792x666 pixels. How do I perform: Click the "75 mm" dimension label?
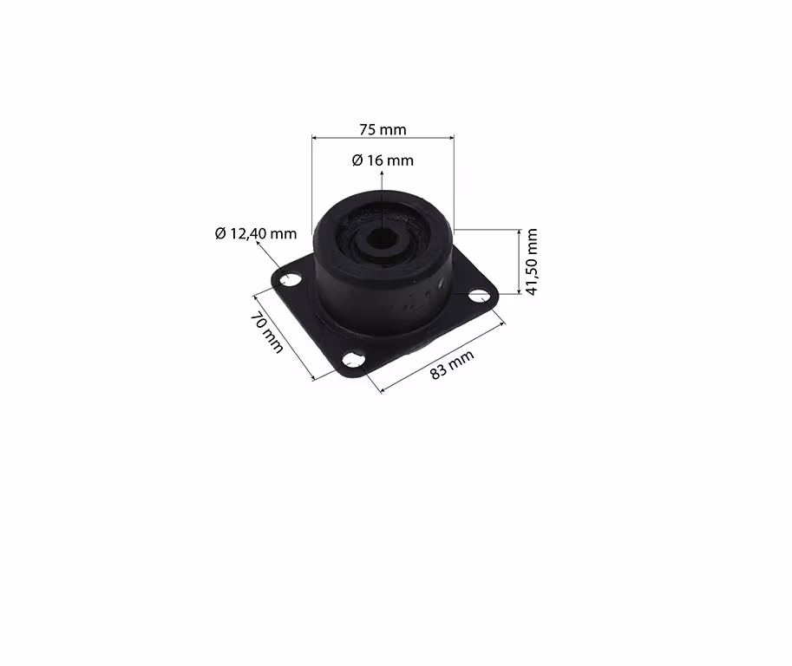coord(383,130)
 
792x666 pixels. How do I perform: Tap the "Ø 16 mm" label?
coord(383,160)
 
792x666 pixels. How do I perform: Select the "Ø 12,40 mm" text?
coord(256,233)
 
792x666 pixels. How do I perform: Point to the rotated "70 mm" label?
coord(266,333)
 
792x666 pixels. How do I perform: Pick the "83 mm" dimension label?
coord(452,364)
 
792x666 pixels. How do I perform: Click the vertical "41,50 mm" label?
coord(532,262)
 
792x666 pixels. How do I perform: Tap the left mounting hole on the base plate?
coord(291,279)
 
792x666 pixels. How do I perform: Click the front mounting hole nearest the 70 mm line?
coord(354,361)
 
